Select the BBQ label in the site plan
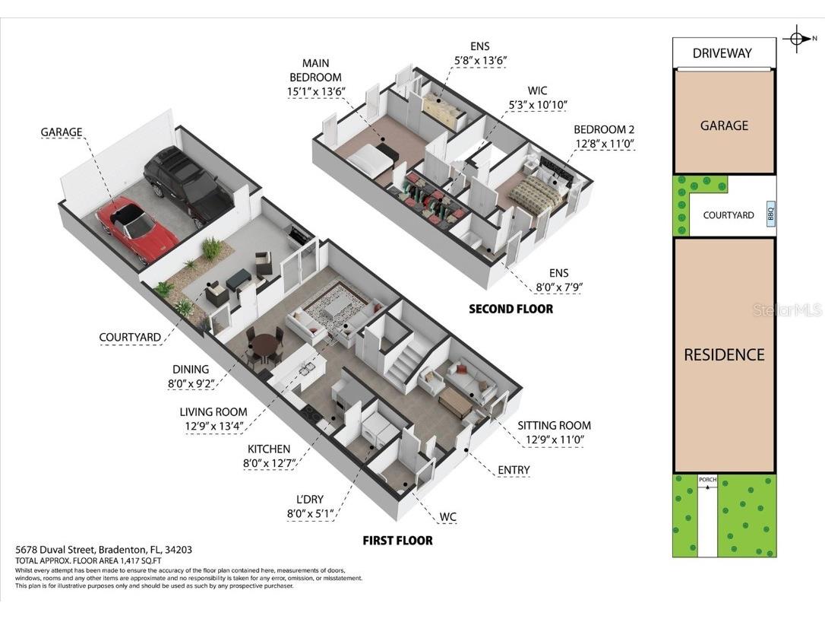pos(770,214)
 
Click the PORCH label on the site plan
pos(707,480)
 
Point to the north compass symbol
pos(797,38)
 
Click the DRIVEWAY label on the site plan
pos(722,53)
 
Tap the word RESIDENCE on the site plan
pos(724,354)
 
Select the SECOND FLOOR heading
pos(510,309)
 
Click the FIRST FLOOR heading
pos(397,541)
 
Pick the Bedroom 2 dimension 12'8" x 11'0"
pos(604,143)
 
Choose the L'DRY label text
pos(309,499)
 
